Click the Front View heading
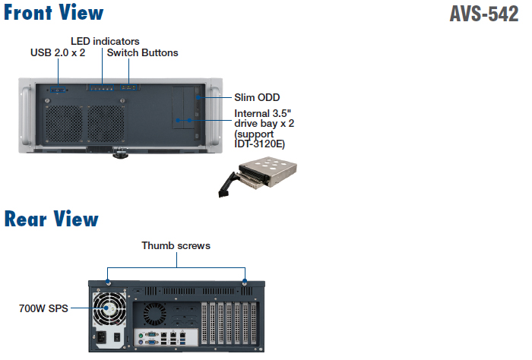[x=53, y=13]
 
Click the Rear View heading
[x=51, y=219]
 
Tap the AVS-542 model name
[x=484, y=14]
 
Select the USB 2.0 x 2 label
[x=58, y=53]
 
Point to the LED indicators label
[x=105, y=41]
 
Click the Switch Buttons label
[x=143, y=53]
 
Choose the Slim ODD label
[x=257, y=97]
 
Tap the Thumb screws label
[x=176, y=246]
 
